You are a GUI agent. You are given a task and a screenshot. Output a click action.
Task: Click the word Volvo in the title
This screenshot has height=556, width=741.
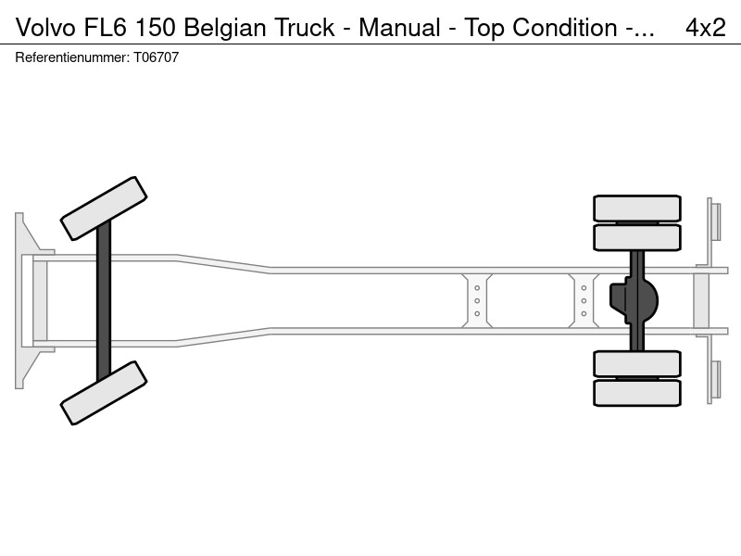[x=45, y=28]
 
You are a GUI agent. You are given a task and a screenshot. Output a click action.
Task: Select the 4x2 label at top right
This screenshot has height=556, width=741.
[x=706, y=28]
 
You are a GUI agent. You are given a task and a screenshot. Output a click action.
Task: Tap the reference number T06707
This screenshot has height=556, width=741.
[x=156, y=57]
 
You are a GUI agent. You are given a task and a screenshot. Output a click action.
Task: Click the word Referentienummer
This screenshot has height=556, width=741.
[x=72, y=57]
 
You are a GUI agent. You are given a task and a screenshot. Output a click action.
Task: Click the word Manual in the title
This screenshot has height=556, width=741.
[x=399, y=28]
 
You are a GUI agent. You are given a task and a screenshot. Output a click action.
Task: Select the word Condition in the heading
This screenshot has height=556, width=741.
[x=565, y=28]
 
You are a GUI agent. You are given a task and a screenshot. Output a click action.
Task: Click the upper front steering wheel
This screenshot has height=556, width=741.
[x=104, y=208]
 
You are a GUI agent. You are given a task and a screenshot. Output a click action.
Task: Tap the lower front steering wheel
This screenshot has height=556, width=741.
[x=104, y=393]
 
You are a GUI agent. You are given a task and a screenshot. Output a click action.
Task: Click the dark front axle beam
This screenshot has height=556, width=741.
[x=104, y=300]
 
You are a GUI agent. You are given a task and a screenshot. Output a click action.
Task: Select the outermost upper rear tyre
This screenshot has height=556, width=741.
[x=637, y=208]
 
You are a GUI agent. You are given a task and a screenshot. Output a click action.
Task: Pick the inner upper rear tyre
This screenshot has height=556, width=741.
[x=637, y=238]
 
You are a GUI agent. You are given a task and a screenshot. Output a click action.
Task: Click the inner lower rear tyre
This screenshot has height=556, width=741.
[x=637, y=363]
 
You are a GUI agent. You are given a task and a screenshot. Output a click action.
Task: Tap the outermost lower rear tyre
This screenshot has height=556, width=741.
[x=637, y=393]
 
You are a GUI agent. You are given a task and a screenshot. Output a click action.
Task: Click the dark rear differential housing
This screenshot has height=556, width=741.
[x=634, y=300]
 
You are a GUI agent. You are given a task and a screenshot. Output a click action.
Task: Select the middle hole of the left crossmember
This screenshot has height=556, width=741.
[x=477, y=300]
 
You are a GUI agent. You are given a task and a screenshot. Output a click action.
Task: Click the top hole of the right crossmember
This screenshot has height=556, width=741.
[x=584, y=288]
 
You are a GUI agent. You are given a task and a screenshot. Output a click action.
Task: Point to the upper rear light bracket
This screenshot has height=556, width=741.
[x=713, y=232]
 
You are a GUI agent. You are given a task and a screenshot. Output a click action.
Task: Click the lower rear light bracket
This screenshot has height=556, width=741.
[x=713, y=370]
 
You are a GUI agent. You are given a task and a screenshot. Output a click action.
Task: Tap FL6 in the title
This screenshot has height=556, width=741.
[x=106, y=28]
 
